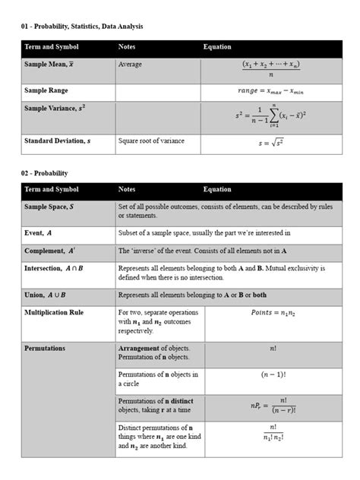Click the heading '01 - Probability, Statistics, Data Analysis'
[x=81, y=27]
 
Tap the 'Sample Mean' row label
[x=48, y=65]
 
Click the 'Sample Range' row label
[x=46, y=90]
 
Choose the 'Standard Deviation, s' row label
[x=57, y=141]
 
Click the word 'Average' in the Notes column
[x=130, y=65]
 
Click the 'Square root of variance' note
[x=151, y=141]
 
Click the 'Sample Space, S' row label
[x=49, y=207]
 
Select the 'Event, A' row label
[x=39, y=233]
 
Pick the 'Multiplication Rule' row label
[x=54, y=312]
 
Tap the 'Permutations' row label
[x=45, y=349]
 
